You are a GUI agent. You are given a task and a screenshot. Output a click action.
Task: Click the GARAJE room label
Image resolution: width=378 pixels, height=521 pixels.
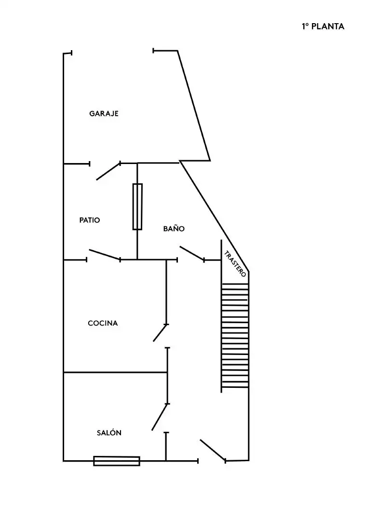[104, 114]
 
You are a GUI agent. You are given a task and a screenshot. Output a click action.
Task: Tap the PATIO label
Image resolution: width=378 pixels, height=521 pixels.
[90, 220]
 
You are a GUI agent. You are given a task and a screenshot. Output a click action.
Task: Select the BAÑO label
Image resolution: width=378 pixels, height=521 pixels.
[174, 228]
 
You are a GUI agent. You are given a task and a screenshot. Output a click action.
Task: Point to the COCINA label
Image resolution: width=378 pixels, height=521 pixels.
[103, 323]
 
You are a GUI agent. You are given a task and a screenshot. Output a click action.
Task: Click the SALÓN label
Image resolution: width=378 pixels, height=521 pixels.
[109, 433]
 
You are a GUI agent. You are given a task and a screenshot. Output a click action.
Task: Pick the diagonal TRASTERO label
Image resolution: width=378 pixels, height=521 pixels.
[235, 264]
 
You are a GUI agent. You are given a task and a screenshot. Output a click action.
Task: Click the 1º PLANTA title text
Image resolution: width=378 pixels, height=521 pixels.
[323, 27]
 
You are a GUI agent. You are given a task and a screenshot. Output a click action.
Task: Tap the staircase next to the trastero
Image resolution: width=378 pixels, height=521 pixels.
[235, 335]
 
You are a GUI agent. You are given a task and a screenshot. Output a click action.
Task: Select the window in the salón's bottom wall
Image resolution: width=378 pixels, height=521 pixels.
[117, 461]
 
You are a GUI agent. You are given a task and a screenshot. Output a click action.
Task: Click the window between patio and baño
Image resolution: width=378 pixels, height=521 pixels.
[137, 206]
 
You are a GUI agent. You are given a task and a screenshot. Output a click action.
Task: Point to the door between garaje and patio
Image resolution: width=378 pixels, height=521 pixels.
[108, 171]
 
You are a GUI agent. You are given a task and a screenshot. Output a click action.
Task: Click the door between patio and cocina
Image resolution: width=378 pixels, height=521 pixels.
[104, 255]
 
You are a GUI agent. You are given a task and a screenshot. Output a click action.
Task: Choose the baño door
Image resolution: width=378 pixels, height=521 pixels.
[192, 254]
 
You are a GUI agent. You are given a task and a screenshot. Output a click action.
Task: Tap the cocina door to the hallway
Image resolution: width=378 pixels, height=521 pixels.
[160, 333]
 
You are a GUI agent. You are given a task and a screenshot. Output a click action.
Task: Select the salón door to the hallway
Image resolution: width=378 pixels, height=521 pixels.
[160, 417]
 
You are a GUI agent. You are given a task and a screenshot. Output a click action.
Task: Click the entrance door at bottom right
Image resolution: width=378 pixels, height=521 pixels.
[213, 450]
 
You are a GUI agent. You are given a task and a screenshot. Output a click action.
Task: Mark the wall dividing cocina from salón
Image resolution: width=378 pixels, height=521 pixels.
[115, 372]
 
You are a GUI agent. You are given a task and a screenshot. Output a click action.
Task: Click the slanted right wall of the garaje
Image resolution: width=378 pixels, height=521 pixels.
[194, 106]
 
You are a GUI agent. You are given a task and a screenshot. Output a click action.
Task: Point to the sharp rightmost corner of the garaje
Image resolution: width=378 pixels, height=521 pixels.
[210, 161]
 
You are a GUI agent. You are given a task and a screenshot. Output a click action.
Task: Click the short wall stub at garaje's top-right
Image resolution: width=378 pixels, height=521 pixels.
[165, 51]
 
